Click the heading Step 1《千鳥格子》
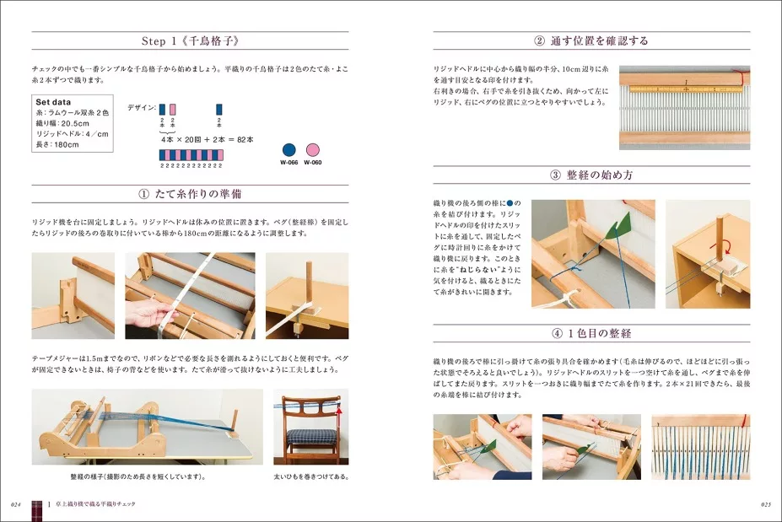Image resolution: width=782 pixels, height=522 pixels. point(190,40)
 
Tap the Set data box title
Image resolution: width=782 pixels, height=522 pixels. point(53,100)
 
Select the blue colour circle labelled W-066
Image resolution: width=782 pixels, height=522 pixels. point(289,150)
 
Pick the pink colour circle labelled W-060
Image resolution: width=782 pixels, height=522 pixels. point(313,150)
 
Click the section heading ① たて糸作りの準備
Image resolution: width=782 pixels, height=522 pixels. point(190,193)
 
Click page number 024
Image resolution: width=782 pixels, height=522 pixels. point(16,503)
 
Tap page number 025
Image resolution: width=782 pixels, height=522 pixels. point(765,503)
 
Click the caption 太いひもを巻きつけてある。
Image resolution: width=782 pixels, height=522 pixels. point(310,476)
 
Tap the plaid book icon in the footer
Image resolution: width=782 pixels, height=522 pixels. point(37,506)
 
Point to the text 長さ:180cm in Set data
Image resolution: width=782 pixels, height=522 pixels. point(57,144)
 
